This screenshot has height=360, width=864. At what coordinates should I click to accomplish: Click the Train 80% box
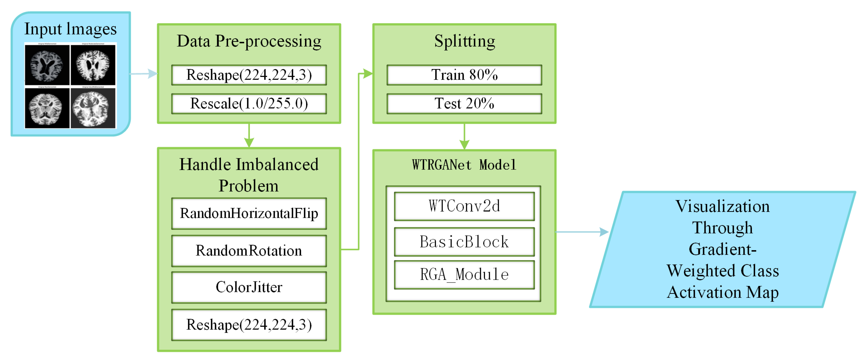click(464, 75)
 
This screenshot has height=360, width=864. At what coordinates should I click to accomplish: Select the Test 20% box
click(464, 104)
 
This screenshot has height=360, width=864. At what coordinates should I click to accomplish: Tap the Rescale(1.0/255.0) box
click(249, 104)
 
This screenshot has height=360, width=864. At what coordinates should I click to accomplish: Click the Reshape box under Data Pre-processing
click(249, 75)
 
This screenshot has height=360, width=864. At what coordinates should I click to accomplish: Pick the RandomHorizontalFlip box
click(249, 213)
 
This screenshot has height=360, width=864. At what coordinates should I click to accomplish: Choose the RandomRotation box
click(249, 251)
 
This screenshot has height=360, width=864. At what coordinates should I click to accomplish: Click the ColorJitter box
click(249, 287)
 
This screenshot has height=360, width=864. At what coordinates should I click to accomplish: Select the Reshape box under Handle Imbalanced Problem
click(249, 325)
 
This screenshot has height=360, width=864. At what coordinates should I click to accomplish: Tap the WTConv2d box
click(464, 206)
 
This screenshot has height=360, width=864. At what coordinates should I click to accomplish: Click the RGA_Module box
click(464, 275)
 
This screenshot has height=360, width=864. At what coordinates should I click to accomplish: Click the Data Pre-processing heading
click(249, 41)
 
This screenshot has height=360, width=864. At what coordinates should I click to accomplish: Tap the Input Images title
click(71, 29)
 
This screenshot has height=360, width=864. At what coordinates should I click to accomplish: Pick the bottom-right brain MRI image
click(93, 108)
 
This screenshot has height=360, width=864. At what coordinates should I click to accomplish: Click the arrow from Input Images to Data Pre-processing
click(144, 74)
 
